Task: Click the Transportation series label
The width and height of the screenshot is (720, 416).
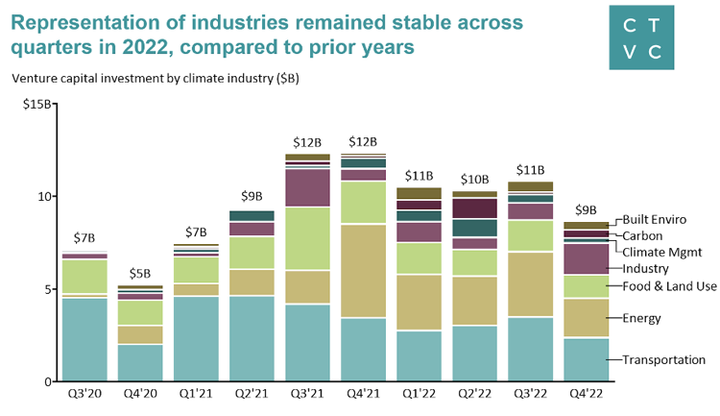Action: (x=664, y=359)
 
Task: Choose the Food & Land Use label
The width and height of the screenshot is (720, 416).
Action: (x=670, y=285)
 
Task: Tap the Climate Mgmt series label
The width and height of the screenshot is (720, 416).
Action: (x=662, y=252)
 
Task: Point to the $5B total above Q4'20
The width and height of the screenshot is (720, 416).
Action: (x=140, y=272)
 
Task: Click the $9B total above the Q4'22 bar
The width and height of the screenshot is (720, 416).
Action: (x=586, y=209)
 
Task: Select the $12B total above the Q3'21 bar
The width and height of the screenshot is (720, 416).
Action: (x=307, y=141)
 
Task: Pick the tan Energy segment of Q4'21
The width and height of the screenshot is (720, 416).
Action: (x=363, y=270)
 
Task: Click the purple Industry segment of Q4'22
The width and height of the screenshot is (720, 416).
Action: (x=586, y=258)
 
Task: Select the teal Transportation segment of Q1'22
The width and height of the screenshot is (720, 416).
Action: (x=419, y=355)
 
